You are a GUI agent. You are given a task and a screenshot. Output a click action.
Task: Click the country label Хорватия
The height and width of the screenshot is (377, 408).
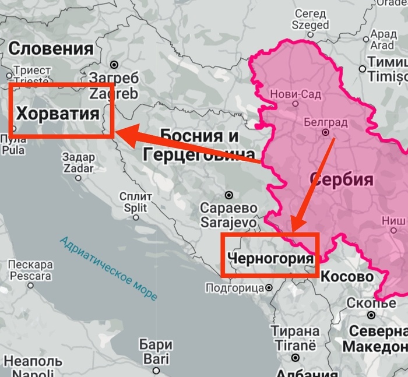coord(57,113)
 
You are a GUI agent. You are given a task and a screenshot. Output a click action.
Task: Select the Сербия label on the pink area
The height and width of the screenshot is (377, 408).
coord(342,179)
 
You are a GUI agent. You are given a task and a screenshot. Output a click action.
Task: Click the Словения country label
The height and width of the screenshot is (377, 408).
coord(51,48)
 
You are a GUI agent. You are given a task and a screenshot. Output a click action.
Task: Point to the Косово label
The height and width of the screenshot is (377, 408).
coord(347,276)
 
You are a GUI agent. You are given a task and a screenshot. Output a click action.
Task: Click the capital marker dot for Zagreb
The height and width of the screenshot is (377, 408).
coord(115,64)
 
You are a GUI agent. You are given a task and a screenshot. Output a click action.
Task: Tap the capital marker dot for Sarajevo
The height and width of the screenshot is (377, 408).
coord(229,195)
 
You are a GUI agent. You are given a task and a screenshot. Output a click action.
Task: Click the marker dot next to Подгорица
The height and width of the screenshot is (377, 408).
coord(269,287)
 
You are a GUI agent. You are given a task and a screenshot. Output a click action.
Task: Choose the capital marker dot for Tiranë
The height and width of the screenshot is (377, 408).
coord(296,358)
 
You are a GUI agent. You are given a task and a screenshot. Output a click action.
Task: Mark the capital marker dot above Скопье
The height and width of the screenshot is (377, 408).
coord(371,315)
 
